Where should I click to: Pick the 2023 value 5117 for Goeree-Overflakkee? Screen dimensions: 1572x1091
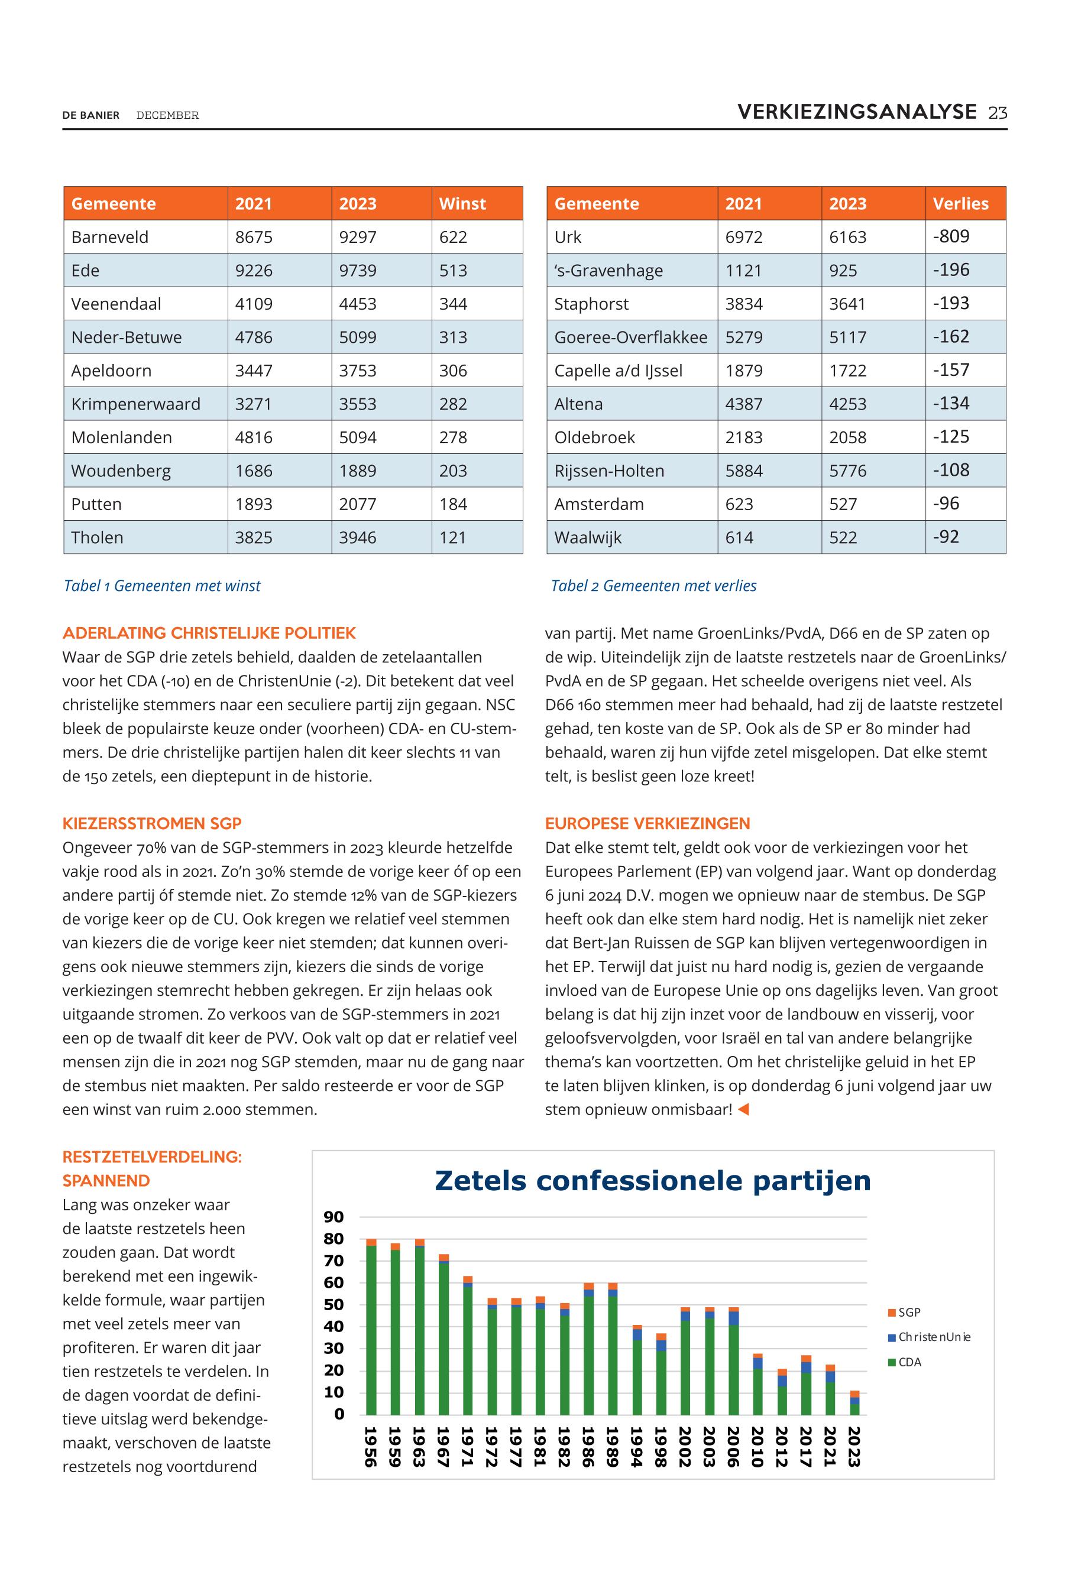click(847, 337)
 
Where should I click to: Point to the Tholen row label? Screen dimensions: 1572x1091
click(97, 538)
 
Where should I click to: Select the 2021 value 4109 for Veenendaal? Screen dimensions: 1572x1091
click(254, 304)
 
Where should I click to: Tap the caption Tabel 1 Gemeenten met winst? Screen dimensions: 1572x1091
click(162, 586)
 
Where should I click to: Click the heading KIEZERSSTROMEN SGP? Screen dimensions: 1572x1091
click(152, 823)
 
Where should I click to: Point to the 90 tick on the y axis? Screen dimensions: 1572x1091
click(334, 1217)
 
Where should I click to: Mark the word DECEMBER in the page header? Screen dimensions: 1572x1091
click(167, 115)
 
